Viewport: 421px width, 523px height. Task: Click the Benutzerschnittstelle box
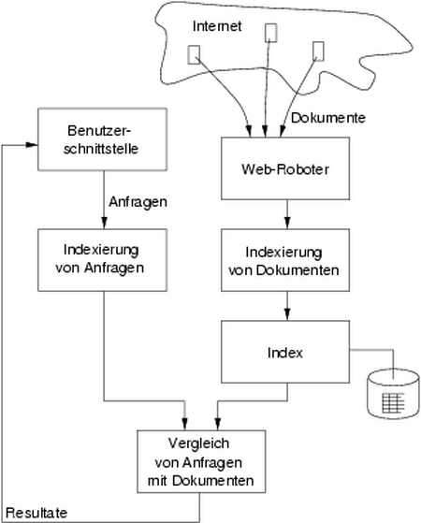(102, 139)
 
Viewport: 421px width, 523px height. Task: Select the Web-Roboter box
(285, 168)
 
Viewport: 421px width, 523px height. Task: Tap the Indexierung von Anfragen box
(102, 260)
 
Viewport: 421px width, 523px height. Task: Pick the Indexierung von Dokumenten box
(285, 260)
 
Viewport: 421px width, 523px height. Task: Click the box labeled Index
(285, 352)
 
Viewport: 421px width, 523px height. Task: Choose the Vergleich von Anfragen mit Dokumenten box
(201, 461)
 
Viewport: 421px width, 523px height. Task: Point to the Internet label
(217, 26)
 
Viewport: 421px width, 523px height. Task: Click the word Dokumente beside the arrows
(328, 118)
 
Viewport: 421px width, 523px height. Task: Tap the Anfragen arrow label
(138, 202)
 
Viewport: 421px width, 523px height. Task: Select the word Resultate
(36, 513)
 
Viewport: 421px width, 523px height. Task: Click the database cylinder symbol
(393, 394)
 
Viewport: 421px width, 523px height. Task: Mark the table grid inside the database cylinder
(393, 403)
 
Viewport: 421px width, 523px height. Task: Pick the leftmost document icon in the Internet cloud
(195, 54)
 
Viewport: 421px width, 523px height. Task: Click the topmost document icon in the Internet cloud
(271, 33)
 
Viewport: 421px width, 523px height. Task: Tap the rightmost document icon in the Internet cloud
(318, 51)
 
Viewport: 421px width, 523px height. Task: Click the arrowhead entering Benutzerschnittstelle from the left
(32, 144)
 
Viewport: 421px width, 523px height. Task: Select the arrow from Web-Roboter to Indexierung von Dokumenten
(287, 214)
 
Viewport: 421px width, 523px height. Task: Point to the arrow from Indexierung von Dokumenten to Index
(287, 306)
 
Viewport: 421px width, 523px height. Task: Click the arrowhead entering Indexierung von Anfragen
(104, 223)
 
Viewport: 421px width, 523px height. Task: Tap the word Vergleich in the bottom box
(199, 443)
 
